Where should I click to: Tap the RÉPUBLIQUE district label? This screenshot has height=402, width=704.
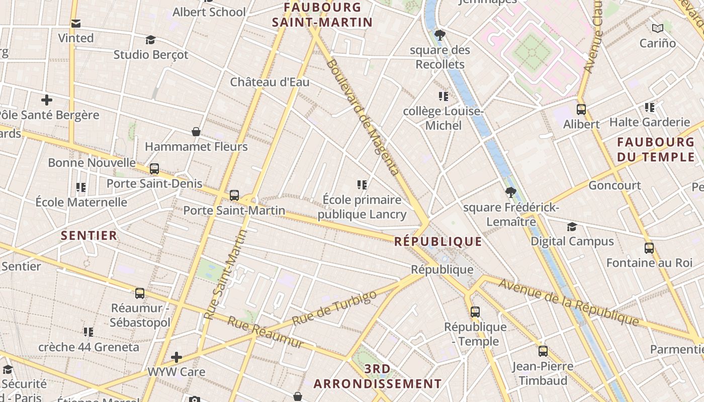(437, 242)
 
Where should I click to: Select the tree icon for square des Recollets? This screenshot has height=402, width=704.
(440, 35)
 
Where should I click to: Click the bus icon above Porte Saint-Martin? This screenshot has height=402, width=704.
(234, 195)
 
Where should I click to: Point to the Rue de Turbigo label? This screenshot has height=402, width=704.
(334, 308)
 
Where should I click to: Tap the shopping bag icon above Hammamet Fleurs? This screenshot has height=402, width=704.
(196, 132)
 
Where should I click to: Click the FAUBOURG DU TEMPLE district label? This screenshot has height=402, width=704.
(655, 149)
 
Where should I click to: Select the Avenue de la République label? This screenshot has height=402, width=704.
(568, 301)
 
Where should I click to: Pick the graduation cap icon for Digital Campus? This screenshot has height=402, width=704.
(572, 227)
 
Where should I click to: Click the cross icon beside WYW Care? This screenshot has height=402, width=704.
(176, 357)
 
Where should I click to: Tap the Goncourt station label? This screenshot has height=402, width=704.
(614, 185)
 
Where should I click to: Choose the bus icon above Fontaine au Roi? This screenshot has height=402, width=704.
(649, 248)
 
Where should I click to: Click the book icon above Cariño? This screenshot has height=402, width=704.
(657, 28)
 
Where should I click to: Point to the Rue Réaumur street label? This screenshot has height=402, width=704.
(266, 332)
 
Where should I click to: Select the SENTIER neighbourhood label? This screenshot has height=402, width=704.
(89, 236)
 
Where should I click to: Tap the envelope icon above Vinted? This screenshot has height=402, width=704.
(76, 23)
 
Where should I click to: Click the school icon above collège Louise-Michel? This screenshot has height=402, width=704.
(443, 96)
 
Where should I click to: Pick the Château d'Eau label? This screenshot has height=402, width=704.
(270, 82)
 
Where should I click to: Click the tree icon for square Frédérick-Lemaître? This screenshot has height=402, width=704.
(511, 192)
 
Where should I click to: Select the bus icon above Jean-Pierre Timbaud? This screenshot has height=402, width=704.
(543, 351)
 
